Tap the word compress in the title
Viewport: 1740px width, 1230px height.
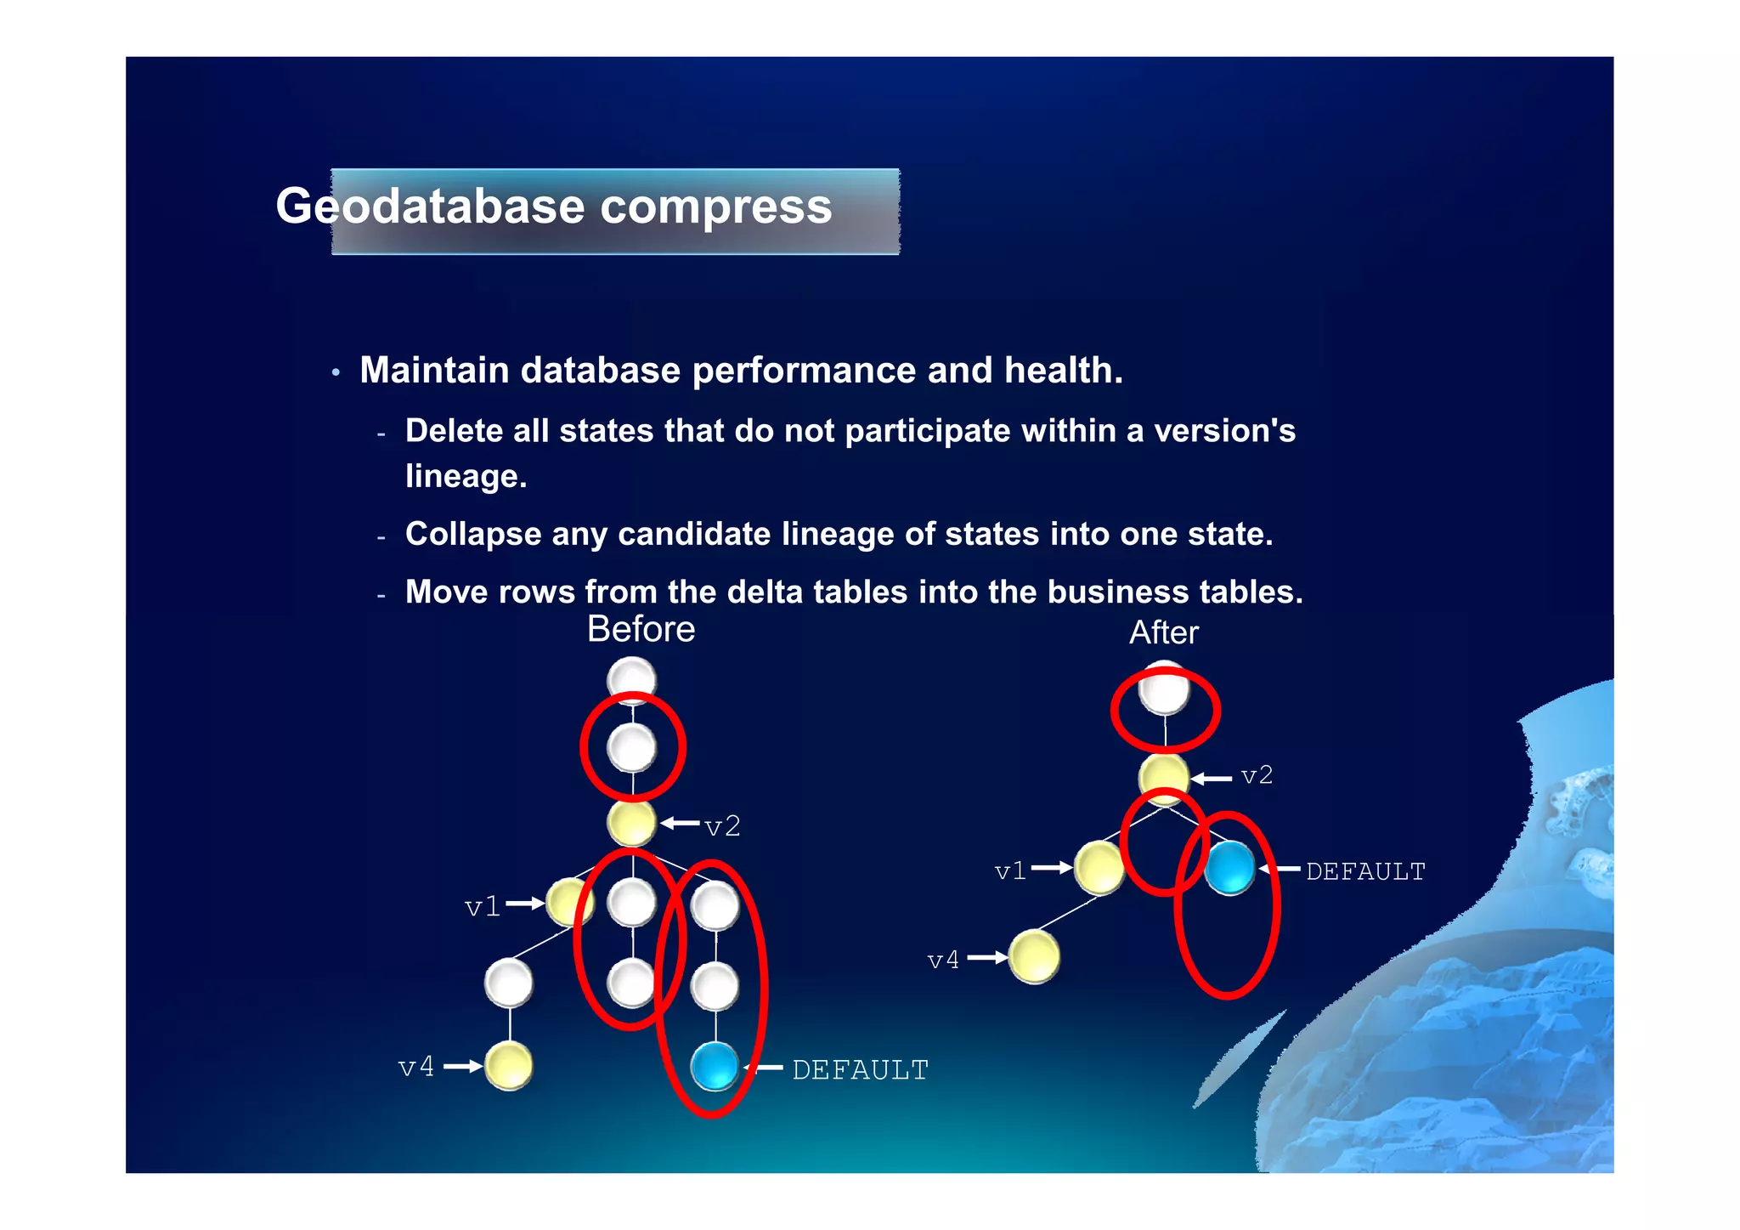715,207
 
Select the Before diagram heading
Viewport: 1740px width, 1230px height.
641,629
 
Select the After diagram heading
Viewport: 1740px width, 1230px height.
1163,632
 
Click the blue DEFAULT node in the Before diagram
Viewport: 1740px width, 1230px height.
715,1066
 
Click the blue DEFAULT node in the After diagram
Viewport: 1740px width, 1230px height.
1229,868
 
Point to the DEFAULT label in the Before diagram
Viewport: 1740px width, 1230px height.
860,1069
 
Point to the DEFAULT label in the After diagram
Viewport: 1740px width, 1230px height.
1364,871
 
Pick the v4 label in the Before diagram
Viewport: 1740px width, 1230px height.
416,1066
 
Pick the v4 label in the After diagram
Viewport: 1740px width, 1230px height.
943,960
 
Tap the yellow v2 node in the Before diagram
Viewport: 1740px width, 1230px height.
631,823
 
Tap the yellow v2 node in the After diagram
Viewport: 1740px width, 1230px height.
1164,777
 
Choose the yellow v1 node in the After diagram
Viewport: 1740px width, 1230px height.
1099,868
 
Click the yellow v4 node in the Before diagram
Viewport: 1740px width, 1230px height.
509,1066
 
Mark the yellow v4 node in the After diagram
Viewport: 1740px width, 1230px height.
1034,956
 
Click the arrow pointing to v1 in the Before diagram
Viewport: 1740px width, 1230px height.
525,904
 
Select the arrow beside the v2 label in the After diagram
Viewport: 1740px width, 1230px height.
1211,778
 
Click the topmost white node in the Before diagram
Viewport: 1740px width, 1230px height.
631,679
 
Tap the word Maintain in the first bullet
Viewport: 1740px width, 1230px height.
434,370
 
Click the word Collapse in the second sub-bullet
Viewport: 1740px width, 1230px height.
472,534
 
